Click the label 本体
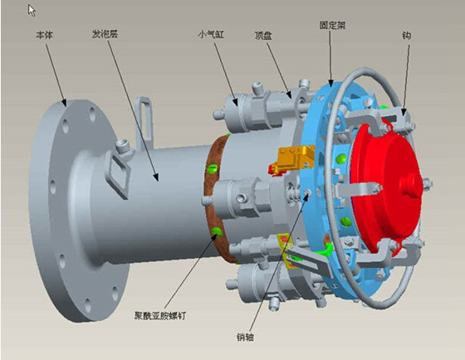[x=44, y=36]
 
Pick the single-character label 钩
[x=406, y=36]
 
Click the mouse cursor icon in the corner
[x=32, y=11]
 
